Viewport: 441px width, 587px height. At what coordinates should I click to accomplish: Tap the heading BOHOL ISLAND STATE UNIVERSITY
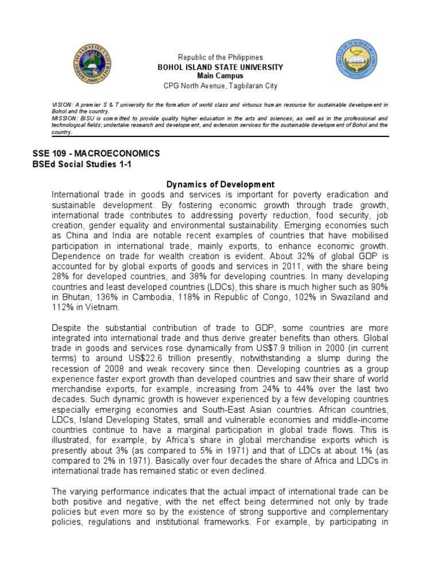pos(220,67)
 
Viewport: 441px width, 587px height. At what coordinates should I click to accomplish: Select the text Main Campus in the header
pos(220,76)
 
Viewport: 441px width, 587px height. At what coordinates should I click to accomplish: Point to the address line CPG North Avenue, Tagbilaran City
pos(220,86)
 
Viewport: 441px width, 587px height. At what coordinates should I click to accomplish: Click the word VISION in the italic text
pos(61,104)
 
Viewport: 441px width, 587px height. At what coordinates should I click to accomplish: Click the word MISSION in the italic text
pos(63,118)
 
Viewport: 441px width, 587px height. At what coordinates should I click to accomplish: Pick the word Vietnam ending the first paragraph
pos(106,307)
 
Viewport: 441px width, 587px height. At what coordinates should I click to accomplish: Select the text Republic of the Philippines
pos(220,57)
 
